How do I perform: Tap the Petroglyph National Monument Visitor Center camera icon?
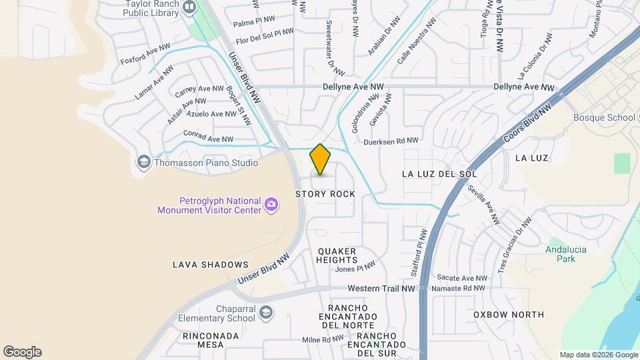tap(271, 204)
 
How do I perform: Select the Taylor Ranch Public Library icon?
tap(189, 7)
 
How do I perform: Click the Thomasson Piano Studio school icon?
tap(143, 162)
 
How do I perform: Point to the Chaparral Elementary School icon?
tap(265, 313)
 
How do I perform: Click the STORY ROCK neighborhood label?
tap(325, 194)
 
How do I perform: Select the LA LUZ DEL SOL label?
tap(439, 174)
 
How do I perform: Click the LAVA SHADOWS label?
tap(211, 265)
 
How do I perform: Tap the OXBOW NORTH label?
tap(509, 314)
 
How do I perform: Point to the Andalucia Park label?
tap(560, 254)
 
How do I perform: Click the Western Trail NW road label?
tap(381, 288)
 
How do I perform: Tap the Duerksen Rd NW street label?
tap(391, 141)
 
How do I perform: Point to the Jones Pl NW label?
tap(355, 268)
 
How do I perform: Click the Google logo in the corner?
tap(22, 352)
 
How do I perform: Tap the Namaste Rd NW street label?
tap(461, 288)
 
